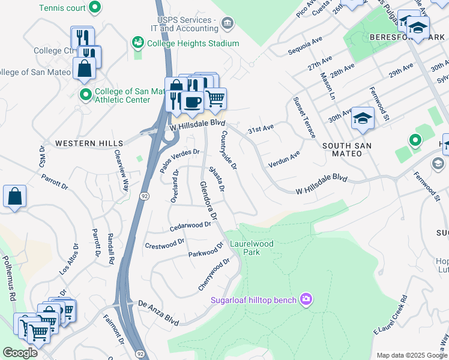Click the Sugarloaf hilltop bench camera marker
coord(306,299)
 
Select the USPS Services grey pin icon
coord(227,23)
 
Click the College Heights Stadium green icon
coord(137,43)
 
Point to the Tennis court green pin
coord(94,8)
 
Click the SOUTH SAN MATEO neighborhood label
coord(347,149)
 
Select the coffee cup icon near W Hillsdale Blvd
coord(192,101)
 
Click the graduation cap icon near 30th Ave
coord(363,118)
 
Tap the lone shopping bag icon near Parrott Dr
coord(14,196)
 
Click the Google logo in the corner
coord(20,353)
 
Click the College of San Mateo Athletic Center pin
coord(85,95)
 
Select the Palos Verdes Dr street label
coord(179,160)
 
